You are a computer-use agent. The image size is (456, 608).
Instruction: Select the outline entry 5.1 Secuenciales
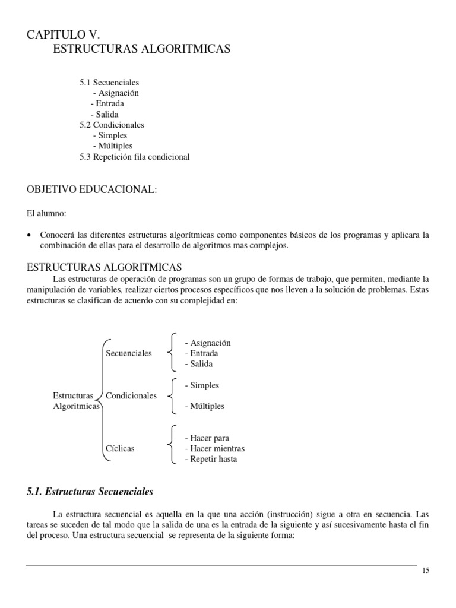109,83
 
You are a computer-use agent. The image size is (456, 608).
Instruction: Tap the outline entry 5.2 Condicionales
112,125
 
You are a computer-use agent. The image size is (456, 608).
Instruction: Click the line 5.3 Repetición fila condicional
134,157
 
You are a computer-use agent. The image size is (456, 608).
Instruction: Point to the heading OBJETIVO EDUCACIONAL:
91,189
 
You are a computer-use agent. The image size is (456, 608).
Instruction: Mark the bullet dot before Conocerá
30,236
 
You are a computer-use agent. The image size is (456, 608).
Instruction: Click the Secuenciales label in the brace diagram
128,353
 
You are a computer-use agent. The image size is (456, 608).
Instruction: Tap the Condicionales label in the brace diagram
131,395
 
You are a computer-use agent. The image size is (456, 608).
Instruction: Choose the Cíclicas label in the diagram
120,449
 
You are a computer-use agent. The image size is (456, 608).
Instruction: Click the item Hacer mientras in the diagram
214,449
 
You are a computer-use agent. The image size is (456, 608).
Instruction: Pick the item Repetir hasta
211,460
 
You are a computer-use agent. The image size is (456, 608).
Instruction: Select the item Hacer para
207,438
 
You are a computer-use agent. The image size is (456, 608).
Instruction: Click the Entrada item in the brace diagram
201,353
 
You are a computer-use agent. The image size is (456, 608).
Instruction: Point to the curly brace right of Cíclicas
171,444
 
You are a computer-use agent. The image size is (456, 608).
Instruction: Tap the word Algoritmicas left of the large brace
76,407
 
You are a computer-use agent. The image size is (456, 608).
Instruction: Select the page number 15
425,571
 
